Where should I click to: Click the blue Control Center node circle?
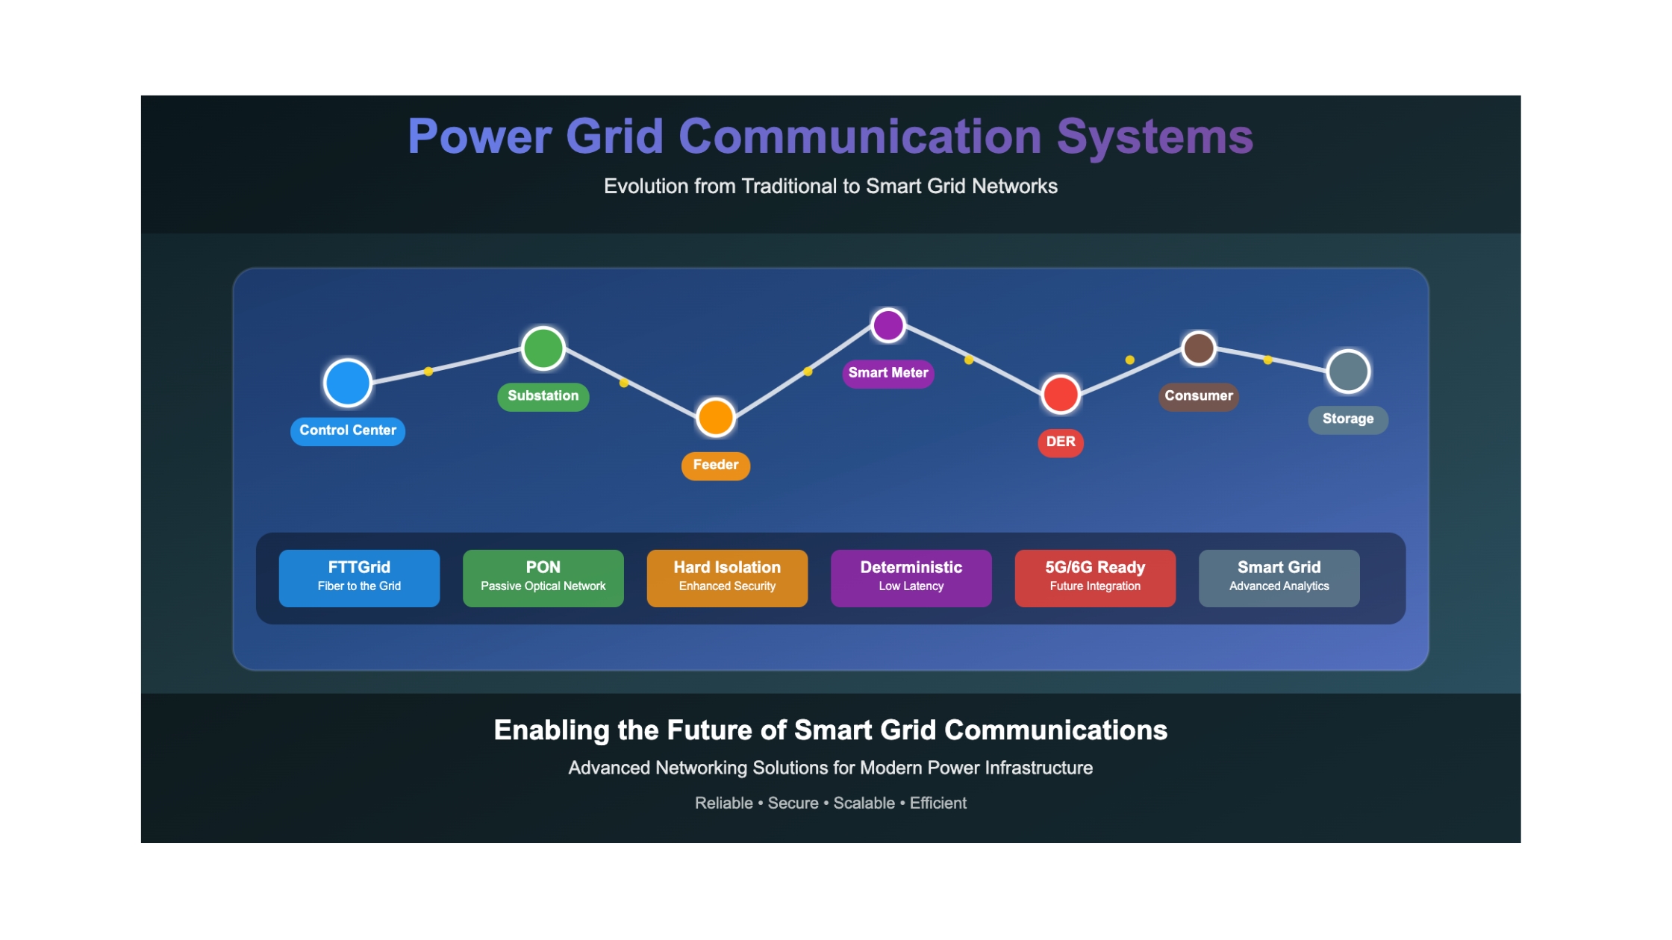[348, 383]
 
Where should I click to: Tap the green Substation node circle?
[543, 348]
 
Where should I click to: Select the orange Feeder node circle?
[716, 417]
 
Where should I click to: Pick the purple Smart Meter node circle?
[888, 325]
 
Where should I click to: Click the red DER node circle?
[1061, 394]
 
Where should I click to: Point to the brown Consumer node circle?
[1199, 348]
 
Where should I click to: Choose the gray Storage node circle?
[1348, 372]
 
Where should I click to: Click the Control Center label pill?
[348, 431]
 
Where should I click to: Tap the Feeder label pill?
[716, 466]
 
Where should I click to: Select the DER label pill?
[1061, 442]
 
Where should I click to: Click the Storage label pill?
[1348, 419]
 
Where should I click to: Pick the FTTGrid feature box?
[359, 578]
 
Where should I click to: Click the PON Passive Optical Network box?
[543, 578]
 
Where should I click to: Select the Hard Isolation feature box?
[727, 578]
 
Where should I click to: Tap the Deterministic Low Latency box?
[911, 578]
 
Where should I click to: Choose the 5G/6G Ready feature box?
[1095, 578]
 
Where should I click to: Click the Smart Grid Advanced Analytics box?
[1279, 578]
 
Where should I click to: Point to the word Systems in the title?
[1155, 137]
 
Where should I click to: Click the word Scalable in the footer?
[864, 803]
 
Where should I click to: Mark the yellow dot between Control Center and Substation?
[428, 372]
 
